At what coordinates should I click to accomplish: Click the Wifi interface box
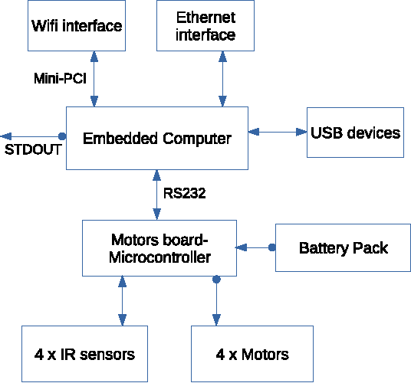click(77, 26)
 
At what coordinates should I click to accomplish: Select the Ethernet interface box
click(205, 26)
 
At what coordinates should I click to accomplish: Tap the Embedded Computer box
click(157, 139)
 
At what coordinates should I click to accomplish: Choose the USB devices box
click(355, 133)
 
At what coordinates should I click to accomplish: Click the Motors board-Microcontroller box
click(159, 248)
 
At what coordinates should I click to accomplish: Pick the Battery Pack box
click(343, 248)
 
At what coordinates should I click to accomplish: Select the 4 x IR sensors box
click(85, 354)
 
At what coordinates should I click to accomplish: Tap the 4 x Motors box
click(252, 354)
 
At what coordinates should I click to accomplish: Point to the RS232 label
click(184, 193)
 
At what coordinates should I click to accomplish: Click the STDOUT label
click(33, 149)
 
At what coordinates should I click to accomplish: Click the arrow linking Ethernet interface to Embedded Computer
click(222, 79)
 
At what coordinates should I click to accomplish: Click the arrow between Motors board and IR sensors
click(120, 300)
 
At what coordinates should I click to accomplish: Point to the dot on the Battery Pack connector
click(271, 247)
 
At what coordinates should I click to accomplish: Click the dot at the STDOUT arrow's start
click(63, 136)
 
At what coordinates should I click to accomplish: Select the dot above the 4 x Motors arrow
click(216, 280)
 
